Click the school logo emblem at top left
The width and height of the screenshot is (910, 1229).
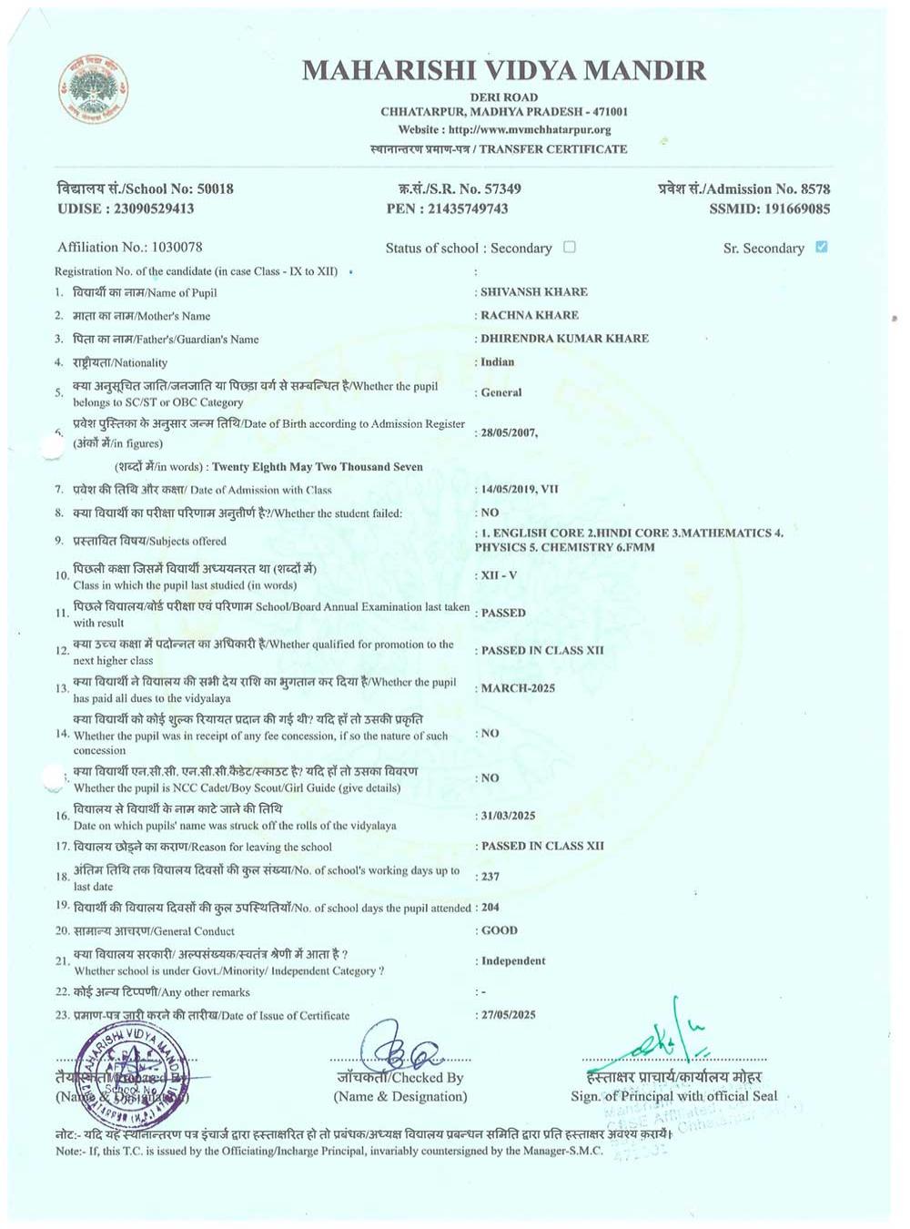(93, 89)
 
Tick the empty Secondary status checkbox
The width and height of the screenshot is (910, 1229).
(570, 247)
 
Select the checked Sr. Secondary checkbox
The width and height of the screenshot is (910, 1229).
(822, 247)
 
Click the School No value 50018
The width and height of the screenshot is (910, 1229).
(216, 188)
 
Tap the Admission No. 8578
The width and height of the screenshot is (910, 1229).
(814, 188)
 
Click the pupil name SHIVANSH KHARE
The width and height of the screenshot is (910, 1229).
(533, 292)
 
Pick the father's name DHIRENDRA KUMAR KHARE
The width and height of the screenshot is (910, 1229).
(564, 339)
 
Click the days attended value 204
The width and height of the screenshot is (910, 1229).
(490, 908)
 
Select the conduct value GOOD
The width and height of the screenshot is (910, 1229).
(499, 930)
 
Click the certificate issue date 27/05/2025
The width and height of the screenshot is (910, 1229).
(508, 1015)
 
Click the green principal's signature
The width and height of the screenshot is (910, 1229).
(669, 1038)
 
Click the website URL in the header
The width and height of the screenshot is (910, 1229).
(530, 129)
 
